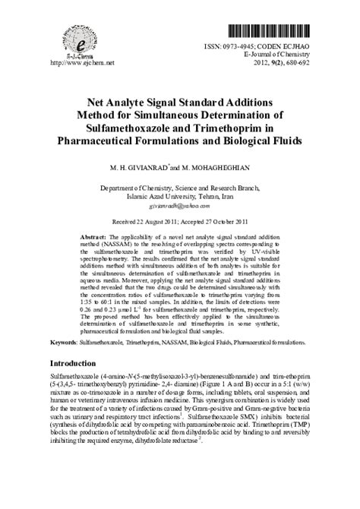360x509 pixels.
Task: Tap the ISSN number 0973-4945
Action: tap(245, 47)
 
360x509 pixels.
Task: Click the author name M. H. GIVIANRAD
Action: tap(138, 166)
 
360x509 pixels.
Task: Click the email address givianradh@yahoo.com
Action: tap(179, 206)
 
